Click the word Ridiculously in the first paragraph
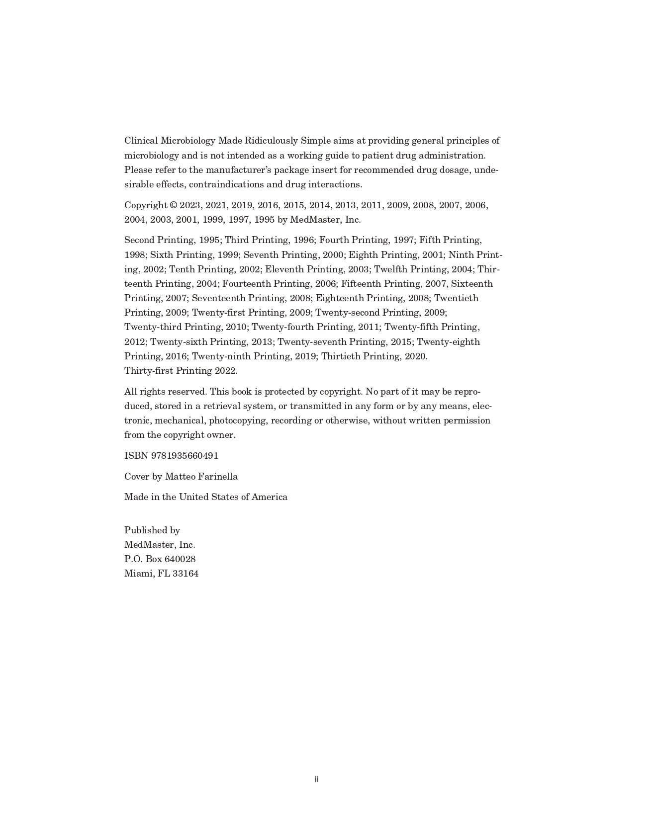pyautogui.click(x=271, y=141)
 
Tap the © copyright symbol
pyautogui.click(x=174, y=205)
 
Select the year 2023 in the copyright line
pyautogui.click(x=190, y=205)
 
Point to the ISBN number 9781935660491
pyautogui.click(x=185, y=456)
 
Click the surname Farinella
pyautogui.click(x=217, y=477)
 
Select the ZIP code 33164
pyautogui.click(x=186, y=574)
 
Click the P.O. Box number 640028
pyautogui.click(x=180, y=559)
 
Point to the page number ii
pyautogui.click(x=316, y=779)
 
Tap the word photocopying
pyautogui.click(x=238, y=420)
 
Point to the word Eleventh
pyautogui.click(x=284, y=269)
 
